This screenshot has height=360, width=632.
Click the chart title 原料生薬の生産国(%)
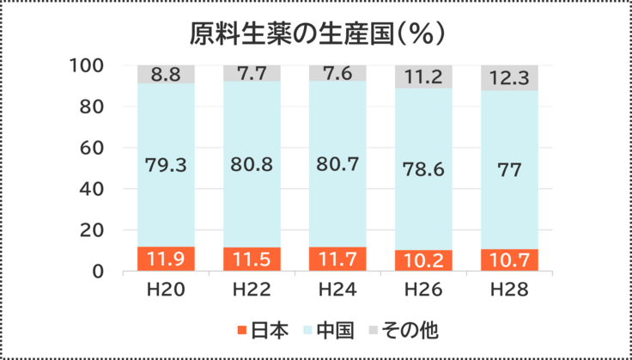tap(316, 33)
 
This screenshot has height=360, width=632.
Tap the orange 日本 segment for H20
tap(165, 259)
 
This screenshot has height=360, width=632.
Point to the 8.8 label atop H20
tap(165, 75)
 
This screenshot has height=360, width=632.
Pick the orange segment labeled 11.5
tap(252, 259)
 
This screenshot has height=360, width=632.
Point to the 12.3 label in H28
tap(509, 78)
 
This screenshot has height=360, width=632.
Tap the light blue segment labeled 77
tap(509, 169)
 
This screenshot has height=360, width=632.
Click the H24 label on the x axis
tap(337, 290)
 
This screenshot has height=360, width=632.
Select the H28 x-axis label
tap(509, 290)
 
